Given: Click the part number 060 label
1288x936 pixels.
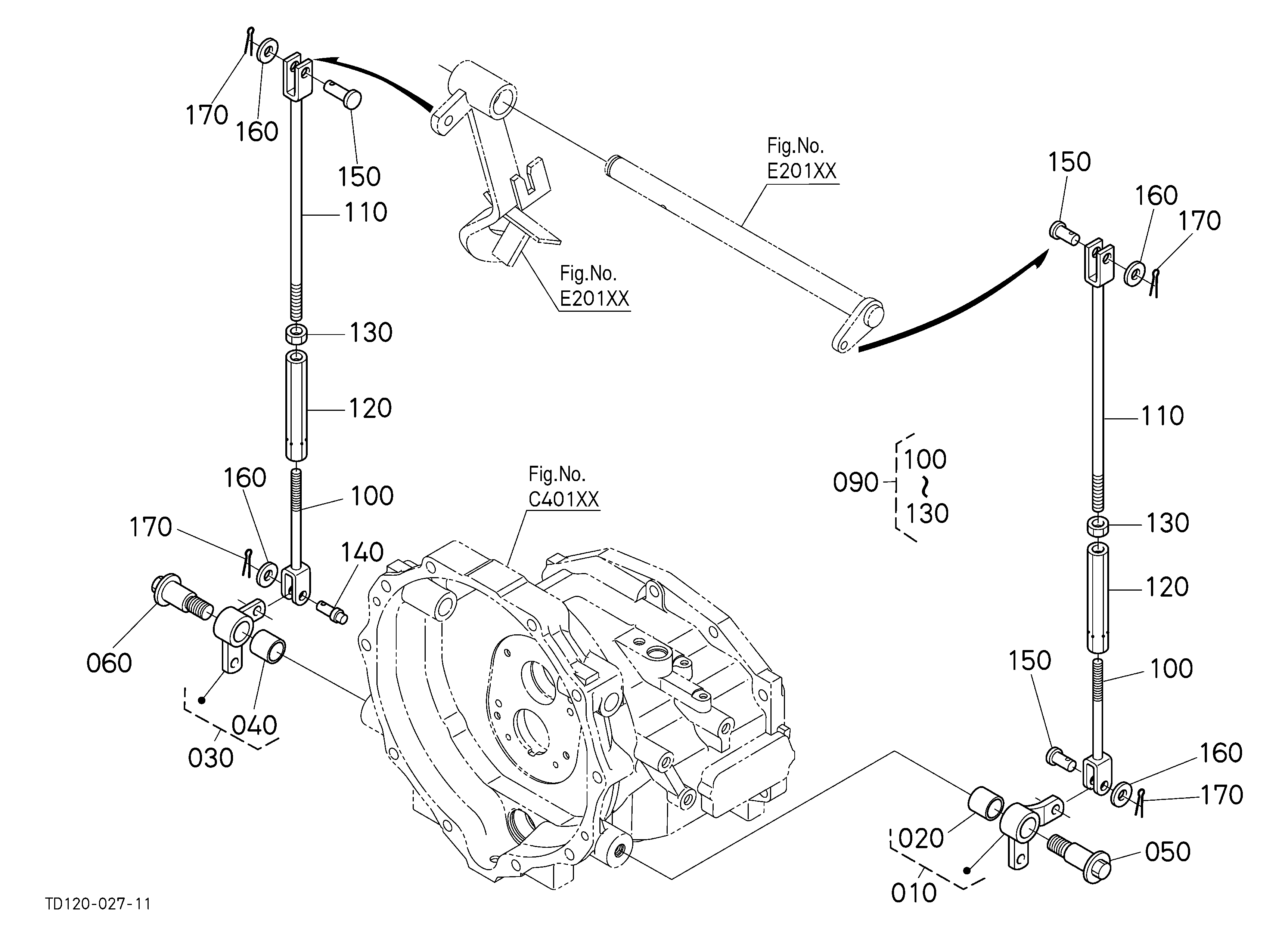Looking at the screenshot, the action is tap(109, 663).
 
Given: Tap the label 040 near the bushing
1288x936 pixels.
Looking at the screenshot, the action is tap(254, 726).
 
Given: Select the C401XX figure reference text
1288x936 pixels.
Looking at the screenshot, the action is tap(564, 499).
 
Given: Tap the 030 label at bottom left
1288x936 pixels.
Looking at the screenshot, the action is tap(211, 758).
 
